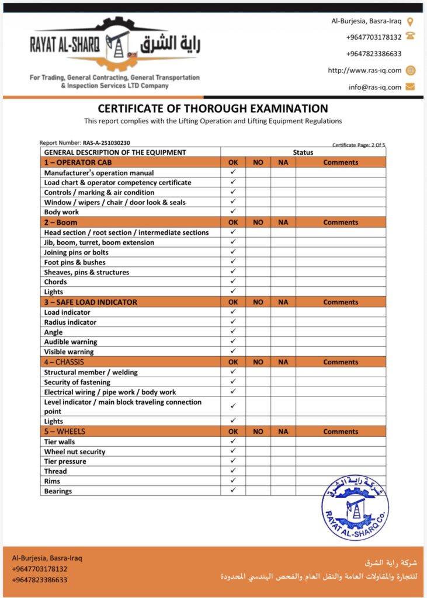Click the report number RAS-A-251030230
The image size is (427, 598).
tap(106, 142)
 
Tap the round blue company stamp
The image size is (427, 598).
tap(355, 506)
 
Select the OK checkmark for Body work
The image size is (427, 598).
tap(233, 211)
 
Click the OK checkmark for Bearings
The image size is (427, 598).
tap(233, 491)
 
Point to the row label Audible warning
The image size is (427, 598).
tap(71, 342)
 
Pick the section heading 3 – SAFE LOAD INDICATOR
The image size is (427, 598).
tap(91, 302)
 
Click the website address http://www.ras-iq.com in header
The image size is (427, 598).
tap(364, 70)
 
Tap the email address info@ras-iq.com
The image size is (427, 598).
tap(375, 87)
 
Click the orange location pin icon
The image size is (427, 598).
tap(410, 22)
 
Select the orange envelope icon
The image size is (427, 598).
tap(410, 87)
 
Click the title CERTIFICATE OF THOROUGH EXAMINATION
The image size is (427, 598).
tap(213, 109)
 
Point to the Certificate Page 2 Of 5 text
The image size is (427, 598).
tap(359, 144)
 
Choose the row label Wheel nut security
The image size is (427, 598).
tap(75, 451)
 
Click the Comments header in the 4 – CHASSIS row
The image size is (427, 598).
tap(341, 362)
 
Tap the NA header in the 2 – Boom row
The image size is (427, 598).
tap(283, 222)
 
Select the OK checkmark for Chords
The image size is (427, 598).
tap(233, 281)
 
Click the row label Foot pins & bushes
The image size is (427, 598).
tap(75, 262)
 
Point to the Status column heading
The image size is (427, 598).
tap(303, 152)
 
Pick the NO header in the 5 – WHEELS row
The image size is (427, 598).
tap(258, 432)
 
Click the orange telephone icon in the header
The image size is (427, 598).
tap(410, 36)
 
